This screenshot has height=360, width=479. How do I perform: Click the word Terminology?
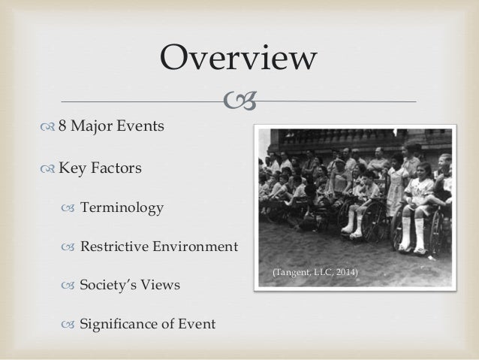point(121,207)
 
